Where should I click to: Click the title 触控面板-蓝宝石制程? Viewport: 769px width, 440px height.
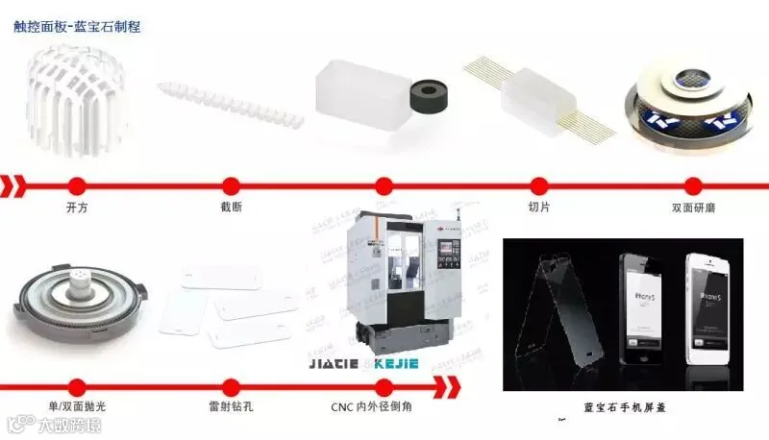(77, 27)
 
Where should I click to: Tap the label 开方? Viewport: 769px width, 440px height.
(76, 208)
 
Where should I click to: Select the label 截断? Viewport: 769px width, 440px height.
(230, 208)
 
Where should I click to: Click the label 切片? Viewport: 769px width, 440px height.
(537, 208)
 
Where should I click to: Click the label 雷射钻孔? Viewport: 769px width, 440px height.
(230, 406)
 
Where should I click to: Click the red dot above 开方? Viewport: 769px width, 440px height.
(77, 185)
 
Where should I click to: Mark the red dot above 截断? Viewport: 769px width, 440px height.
(231, 185)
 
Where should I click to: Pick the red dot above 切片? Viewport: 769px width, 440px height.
(537, 185)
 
